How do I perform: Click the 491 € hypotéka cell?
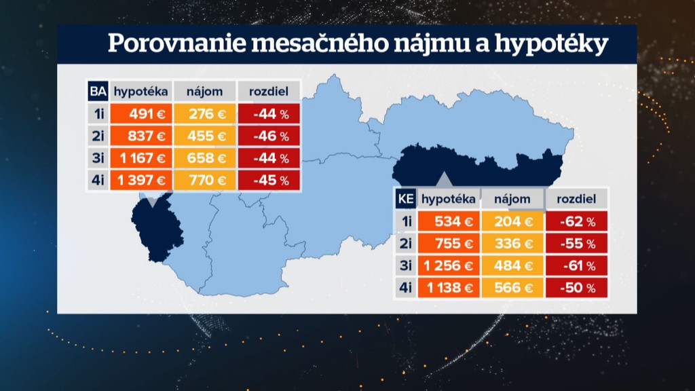pos(140,114)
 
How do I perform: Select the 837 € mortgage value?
pos(140,136)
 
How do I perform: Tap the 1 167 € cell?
pos(140,158)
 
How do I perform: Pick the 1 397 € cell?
pos(140,180)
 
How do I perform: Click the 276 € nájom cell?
pos(204,114)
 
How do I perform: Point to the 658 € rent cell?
pos(204,158)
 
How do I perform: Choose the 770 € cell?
pos(204,180)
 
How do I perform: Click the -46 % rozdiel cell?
pos(269,136)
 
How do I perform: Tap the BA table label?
pos(97,92)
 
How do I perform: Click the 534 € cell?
pos(448,221)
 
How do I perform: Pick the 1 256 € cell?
pos(448,265)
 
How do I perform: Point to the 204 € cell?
pos(512,221)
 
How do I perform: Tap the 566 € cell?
pos(512,288)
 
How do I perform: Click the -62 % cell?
pos(576,221)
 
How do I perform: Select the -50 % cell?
pos(576,288)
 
